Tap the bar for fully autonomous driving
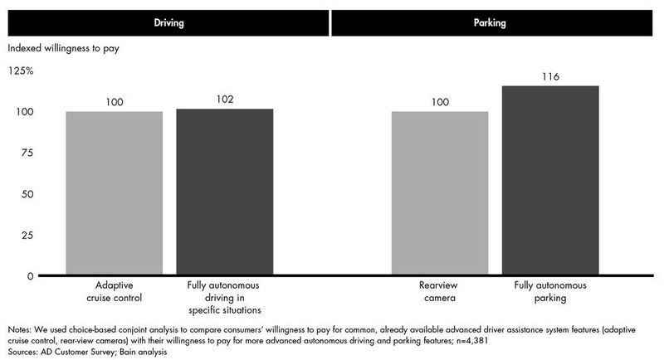[x=224, y=192]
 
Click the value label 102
[x=224, y=100]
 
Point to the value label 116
[x=550, y=77]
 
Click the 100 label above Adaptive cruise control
[x=115, y=102]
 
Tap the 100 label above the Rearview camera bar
[x=440, y=102]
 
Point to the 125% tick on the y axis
[x=21, y=71]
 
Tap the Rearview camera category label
[x=440, y=292]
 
